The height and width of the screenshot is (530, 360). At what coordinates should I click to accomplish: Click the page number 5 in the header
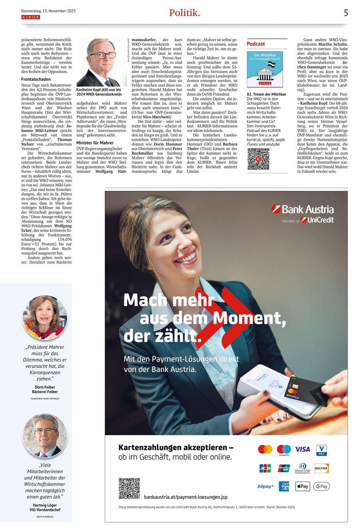coord(346,13)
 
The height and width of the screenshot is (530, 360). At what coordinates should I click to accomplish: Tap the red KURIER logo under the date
coord(30,17)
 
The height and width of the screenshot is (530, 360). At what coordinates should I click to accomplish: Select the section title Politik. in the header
coord(184,13)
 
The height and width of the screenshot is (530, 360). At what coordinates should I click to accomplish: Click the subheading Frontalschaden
coord(36,79)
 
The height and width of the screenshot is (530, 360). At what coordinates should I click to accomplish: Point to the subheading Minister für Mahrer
coord(95,143)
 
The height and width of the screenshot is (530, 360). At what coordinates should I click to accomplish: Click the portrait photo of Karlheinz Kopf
coord(101,62)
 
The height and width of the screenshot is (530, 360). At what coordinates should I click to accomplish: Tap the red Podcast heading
coord(256,44)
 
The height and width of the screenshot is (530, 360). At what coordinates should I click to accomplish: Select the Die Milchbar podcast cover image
coord(265,69)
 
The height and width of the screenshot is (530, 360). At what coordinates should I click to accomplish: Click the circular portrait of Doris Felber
coord(45,318)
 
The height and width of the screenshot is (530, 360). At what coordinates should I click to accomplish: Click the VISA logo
coord(302,449)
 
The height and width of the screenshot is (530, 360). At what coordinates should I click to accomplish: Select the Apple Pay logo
coord(302,486)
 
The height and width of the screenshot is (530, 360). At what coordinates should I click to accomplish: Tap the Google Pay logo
coord(322,486)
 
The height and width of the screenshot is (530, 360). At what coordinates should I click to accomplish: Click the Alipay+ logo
coord(266,486)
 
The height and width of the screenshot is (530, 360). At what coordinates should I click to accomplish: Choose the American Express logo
coord(284,486)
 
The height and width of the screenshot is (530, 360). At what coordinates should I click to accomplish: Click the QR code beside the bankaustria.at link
coord(129,488)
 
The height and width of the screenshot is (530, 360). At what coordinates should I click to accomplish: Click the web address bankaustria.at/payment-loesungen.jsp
coord(186,497)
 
